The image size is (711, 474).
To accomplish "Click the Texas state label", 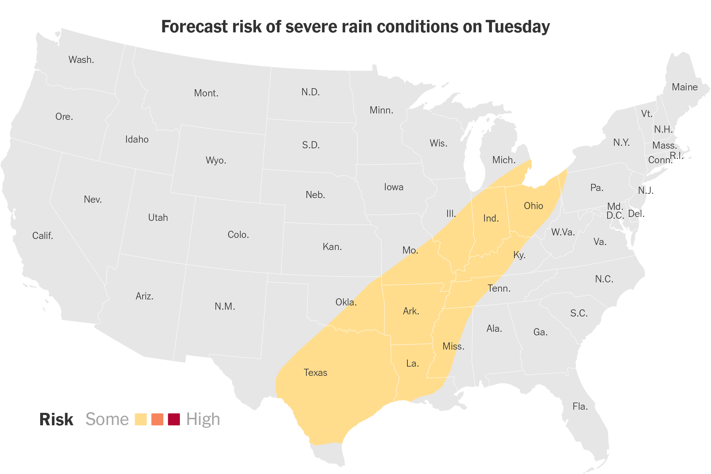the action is [315, 373].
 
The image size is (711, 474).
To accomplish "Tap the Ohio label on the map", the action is [533, 206].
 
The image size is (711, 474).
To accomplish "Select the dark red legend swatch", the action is [174, 419].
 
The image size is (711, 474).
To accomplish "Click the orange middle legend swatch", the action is [157, 419].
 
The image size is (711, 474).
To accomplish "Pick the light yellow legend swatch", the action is [141, 419].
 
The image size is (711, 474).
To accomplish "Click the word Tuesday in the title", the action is [518, 27].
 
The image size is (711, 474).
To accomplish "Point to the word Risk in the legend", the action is [56, 419].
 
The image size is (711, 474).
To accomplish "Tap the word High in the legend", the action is [203, 420].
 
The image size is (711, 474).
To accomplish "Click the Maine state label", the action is [685, 87].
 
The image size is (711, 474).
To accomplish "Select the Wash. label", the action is [81, 60].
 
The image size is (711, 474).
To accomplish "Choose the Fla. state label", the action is [580, 406].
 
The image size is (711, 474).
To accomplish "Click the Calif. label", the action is [43, 236].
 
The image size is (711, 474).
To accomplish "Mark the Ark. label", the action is [411, 311].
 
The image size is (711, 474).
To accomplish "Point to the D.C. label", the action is [615, 215].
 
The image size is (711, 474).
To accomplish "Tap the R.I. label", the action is [677, 156].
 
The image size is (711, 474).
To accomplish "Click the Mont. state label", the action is [206, 93].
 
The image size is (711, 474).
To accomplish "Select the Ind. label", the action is [491, 218].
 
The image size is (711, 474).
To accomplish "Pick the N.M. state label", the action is [225, 307].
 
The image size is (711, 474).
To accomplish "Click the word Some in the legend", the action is [107, 419].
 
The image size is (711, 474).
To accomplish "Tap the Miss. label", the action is [454, 346].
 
